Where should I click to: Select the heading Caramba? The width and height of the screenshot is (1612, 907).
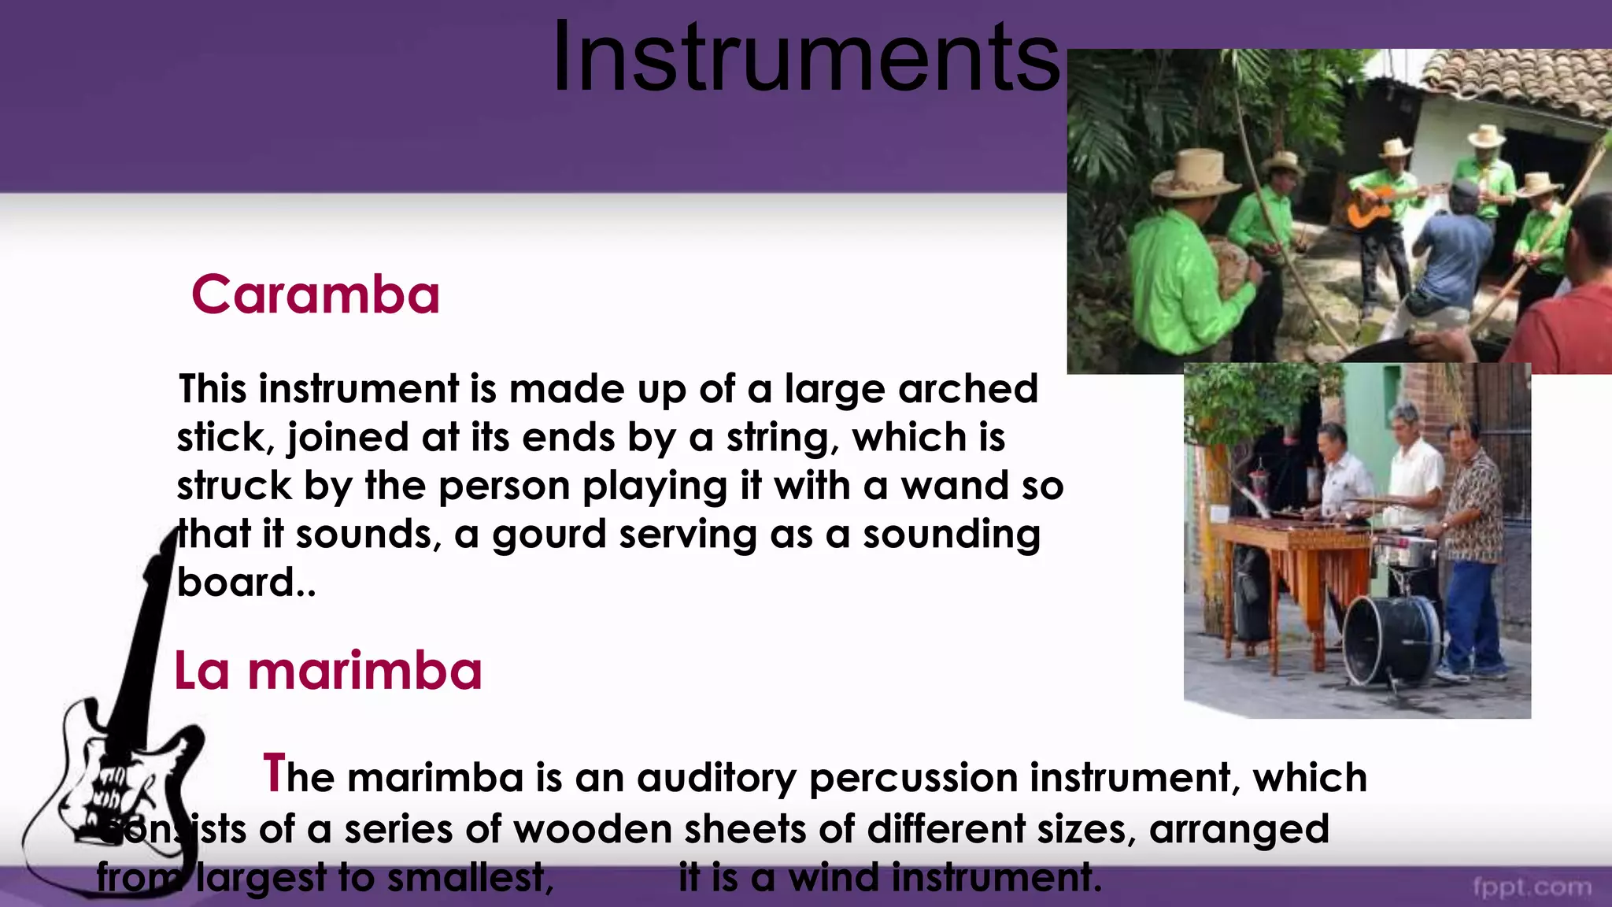315,295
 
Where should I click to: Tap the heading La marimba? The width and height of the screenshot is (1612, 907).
327,672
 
